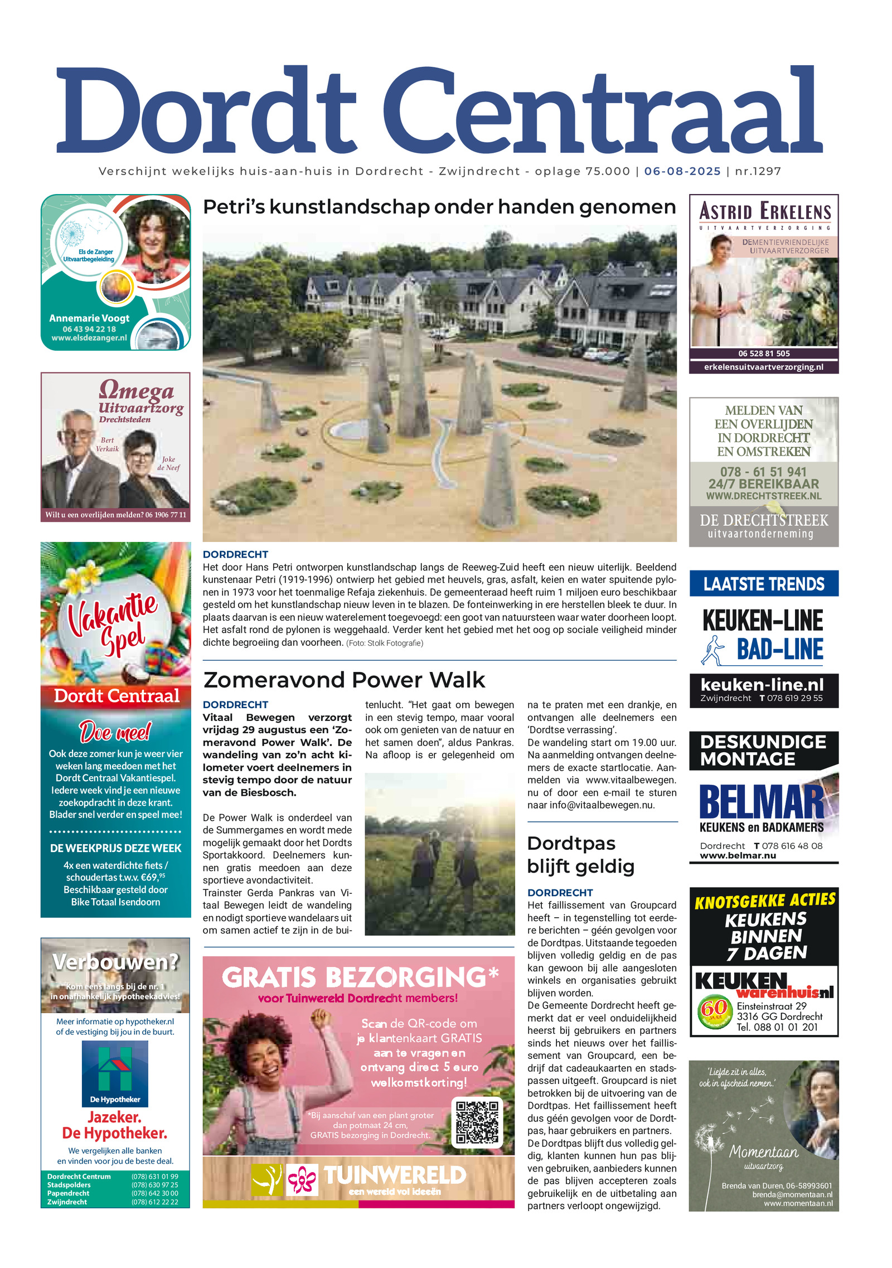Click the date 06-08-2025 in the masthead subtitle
click(x=682, y=171)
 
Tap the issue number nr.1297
click(x=758, y=171)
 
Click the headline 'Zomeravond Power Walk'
click(x=344, y=680)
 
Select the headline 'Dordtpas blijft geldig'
click(x=580, y=855)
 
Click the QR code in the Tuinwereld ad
click(x=477, y=1121)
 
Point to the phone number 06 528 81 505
click(x=764, y=354)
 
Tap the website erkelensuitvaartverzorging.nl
click(x=763, y=367)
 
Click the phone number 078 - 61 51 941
click(x=763, y=472)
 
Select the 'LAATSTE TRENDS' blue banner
click(x=763, y=584)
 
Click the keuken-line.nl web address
click(x=762, y=685)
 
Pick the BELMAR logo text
click(x=762, y=802)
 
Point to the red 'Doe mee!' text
click(x=115, y=732)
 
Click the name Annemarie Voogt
click(x=89, y=318)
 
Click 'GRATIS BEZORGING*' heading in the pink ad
click(x=360, y=977)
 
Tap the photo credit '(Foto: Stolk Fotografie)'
click(x=385, y=643)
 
